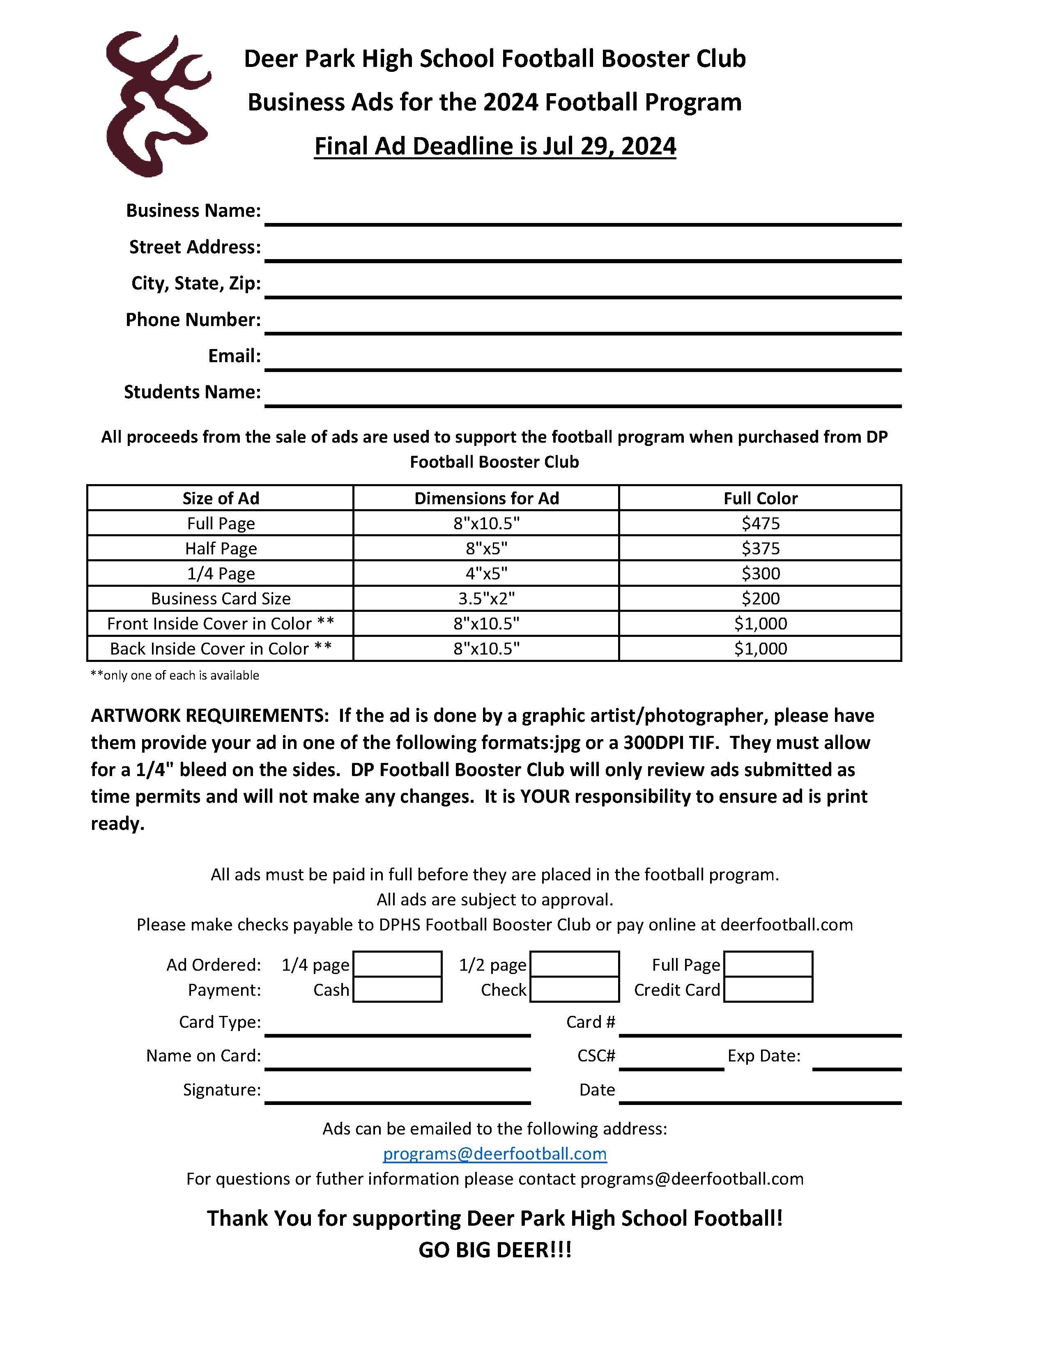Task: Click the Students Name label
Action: point(192,392)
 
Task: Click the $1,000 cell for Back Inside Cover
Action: point(760,648)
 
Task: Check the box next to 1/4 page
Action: point(397,964)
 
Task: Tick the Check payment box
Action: point(574,989)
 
